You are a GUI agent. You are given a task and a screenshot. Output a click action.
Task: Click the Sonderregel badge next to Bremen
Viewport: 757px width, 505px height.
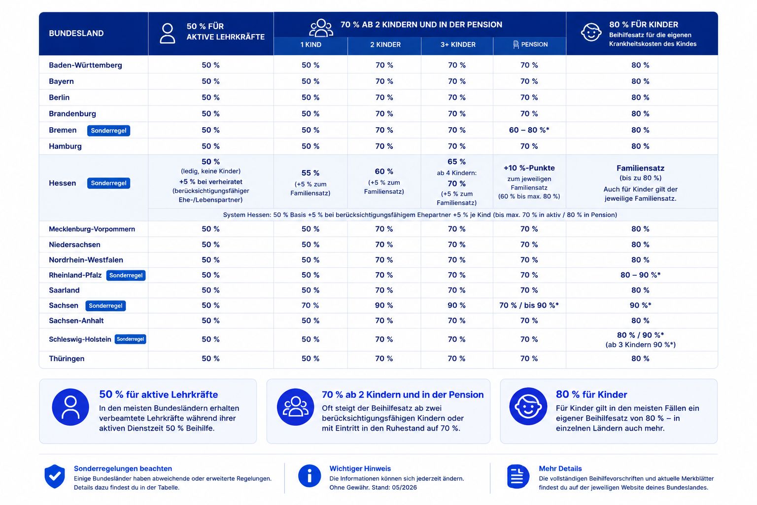coord(108,131)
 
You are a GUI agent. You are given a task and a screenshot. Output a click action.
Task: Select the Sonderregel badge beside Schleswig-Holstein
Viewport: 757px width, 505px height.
coord(130,339)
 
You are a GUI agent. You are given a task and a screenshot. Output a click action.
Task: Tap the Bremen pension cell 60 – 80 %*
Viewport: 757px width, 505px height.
coord(529,130)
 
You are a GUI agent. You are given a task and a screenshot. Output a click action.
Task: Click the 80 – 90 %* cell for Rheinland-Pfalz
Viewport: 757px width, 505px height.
coord(640,275)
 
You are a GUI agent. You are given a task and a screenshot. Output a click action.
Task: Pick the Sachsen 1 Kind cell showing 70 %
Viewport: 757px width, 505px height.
coord(310,305)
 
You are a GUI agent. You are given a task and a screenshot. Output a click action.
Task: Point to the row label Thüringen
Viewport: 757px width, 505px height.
coord(67,359)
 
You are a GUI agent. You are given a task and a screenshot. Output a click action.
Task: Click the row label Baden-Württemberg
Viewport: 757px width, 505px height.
coord(85,65)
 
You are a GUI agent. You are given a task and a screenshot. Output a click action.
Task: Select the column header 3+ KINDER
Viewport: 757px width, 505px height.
coord(457,45)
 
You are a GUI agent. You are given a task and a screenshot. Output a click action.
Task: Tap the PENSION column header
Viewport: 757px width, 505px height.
coord(530,44)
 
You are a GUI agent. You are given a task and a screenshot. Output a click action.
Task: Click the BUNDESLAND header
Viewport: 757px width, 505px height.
coord(76,33)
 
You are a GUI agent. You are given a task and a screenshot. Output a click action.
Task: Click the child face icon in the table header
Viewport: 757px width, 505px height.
coord(591,32)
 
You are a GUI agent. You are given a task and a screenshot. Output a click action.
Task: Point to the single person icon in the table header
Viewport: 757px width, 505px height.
coord(167,33)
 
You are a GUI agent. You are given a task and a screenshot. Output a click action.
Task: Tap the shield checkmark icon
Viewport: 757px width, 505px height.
coord(54,476)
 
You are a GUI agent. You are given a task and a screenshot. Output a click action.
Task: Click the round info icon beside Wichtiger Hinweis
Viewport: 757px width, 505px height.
coord(309,476)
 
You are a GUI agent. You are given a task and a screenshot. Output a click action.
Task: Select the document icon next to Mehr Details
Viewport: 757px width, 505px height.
coord(518,476)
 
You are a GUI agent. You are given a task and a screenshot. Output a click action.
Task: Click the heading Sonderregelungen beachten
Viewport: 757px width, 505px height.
coord(123,469)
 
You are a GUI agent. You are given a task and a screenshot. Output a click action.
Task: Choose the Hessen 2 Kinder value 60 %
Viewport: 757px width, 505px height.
coord(384,172)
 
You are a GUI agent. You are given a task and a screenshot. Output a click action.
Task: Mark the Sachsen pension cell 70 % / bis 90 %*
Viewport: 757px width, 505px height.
coord(529,305)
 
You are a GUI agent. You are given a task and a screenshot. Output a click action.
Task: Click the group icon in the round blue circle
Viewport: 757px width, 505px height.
coord(295,407)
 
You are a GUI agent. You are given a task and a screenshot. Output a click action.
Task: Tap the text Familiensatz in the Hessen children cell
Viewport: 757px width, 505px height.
coord(640,168)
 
